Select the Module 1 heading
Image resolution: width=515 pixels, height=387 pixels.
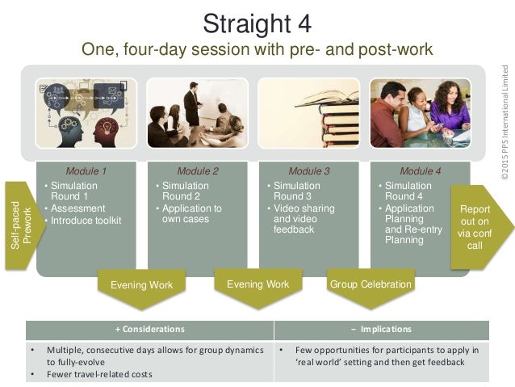point(86,171)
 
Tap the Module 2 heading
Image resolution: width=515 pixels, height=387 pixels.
point(198,171)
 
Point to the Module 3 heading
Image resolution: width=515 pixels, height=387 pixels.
point(309,171)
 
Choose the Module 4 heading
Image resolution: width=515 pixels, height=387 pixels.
point(421,171)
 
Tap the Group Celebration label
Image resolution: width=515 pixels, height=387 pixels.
point(370,285)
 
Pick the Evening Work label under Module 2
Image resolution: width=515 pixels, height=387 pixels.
point(257,285)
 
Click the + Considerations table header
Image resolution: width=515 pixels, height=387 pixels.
point(149,330)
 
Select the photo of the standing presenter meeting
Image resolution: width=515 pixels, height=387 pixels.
point(198,114)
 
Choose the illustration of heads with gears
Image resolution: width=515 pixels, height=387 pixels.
point(86,114)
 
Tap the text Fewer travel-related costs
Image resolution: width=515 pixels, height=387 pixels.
point(102,374)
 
